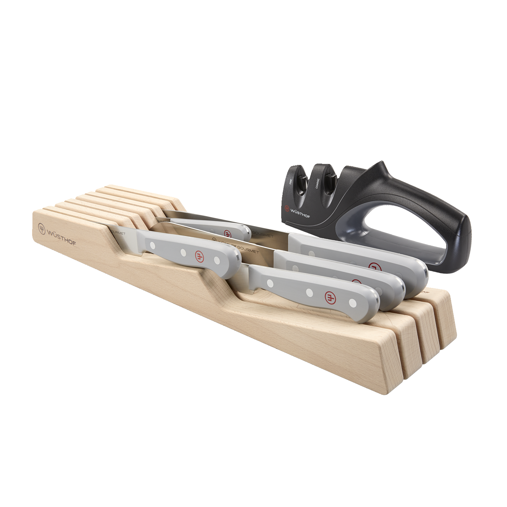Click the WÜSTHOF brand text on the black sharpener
click(x=300, y=213)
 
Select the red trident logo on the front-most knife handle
click(x=330, y=297)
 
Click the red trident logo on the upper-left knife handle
click(x=200, y=256)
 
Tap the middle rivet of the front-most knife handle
click(x=309, y=291)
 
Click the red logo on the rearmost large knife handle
click(x=373, y=267)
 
